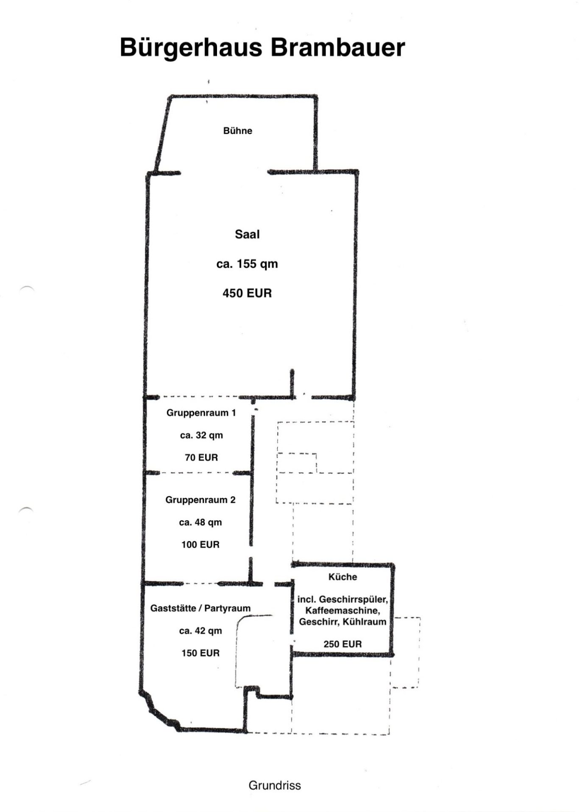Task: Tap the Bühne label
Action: [x=238, y=131]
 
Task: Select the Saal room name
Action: [x=247, y=234]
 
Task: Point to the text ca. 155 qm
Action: [x=247, y=264]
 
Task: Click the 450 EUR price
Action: [x=247, y=293]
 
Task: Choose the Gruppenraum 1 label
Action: [x=201, y=413]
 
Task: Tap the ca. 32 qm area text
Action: [x=201, y=435]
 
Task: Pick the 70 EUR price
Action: [x=201, y=457]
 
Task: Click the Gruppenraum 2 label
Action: [x=200, y=500]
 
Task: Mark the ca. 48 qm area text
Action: [x=200, y=523]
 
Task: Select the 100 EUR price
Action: [x=200, y=545]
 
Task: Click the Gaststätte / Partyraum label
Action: [x=200, y=608]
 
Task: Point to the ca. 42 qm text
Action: [x=200, y=631]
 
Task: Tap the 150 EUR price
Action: [x=200, y=653]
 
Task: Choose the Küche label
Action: [x=342, y=577]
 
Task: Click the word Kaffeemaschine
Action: [x=342, y=611]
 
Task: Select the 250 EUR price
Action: [x=342, y=644]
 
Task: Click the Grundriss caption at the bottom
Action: [x=275, y=786]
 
